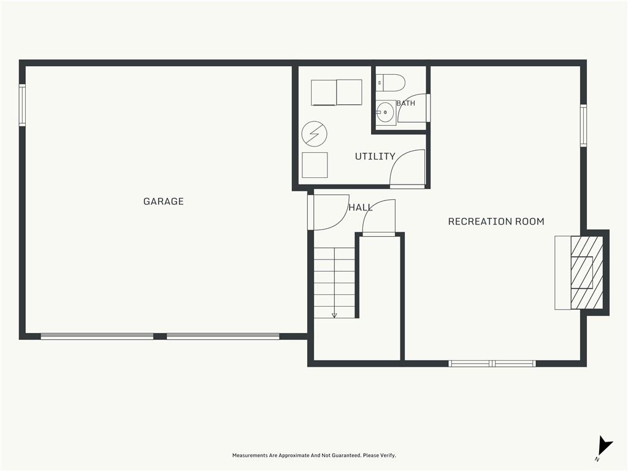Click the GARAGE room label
[x=163, y=201]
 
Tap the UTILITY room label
[x=375, y=156]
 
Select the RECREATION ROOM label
[x=496, y=221]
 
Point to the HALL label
[x=361, y=207]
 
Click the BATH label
[x=406, y=103]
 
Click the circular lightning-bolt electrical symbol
[x=315, y=134]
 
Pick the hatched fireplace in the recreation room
[x=586, y=272]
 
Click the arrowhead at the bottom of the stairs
[x=334, y=315]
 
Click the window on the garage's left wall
[x=23, y=105]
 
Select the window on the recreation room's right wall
[x=584, y=125]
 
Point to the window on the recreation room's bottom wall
[x=492, y=363]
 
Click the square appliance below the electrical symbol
[x=315, y=165]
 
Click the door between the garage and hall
[x=311, y=212]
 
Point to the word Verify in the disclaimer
[x=388, y=456]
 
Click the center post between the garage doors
[x=160, y=337]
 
